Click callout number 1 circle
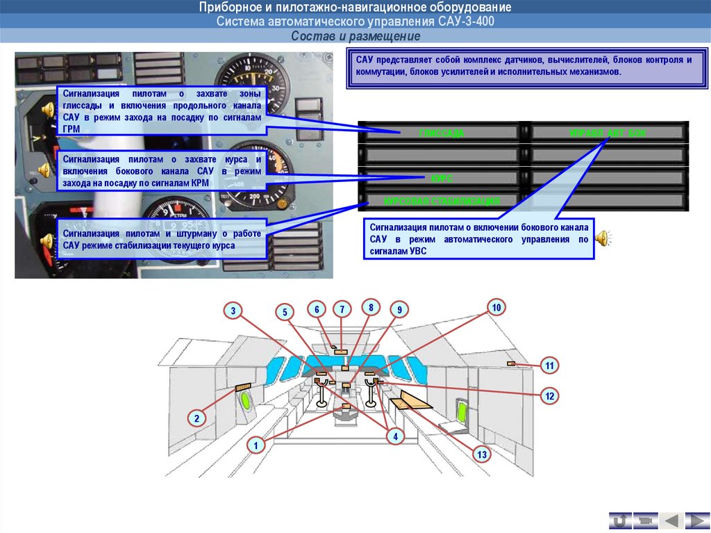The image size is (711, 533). click(256, 445)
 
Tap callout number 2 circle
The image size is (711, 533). click(197, 418)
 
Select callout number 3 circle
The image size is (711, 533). click(234, 311)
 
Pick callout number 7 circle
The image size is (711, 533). click(342, 309)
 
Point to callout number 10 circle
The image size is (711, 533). click(496, 307)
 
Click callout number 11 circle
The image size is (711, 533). click(549, 366)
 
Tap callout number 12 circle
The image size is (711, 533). click(549, 396)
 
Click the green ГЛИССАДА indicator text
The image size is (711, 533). click(442, 132)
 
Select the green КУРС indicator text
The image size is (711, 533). click(442, 179)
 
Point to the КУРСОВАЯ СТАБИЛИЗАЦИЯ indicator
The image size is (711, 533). click(442, 202)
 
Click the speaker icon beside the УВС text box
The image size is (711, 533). click(603, 238)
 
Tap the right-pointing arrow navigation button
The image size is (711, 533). click(696, 520)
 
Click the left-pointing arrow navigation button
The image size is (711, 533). click(670, 520)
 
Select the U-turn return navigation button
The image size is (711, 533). click(619, 520)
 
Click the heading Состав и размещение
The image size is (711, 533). click(355, 35)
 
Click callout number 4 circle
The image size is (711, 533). click(394, 436)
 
